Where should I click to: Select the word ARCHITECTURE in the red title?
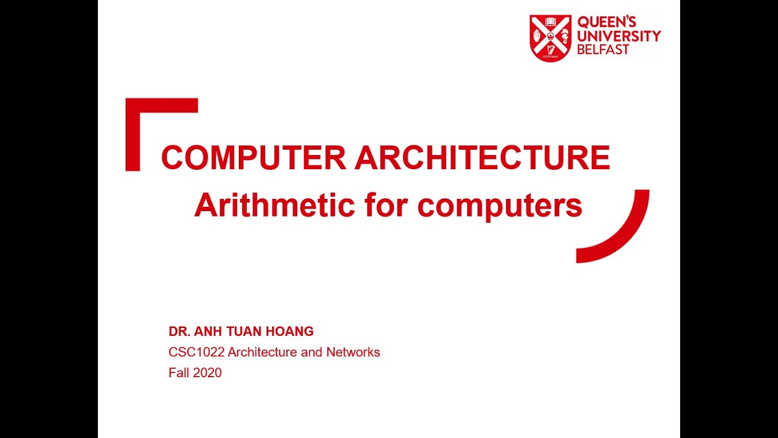coord(482,158)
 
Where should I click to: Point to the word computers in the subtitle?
coord(500,206)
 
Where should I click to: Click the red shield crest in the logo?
coord(550,38)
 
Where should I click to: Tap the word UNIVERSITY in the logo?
coord(619,36)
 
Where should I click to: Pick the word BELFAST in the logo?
coord(603,50)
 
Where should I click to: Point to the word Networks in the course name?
coord(353,352)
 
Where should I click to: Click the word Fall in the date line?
coord(179,373)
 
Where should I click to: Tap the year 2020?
coord(207,373)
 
